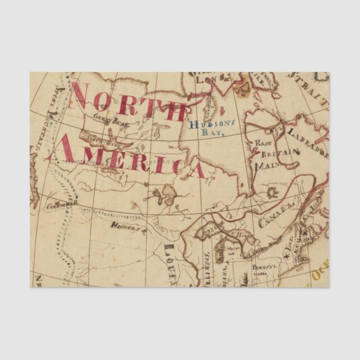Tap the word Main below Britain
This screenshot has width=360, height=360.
point(266,166)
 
